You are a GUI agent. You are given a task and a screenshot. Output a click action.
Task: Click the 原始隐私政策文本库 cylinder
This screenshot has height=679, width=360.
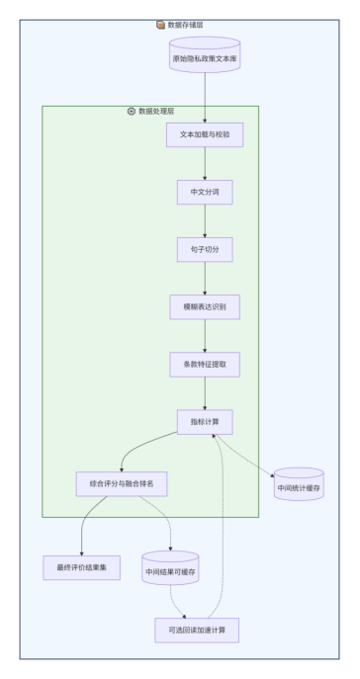205,54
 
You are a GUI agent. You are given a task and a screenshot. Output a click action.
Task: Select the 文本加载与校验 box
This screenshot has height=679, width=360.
205,134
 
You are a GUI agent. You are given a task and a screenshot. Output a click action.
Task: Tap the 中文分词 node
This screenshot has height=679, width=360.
205,192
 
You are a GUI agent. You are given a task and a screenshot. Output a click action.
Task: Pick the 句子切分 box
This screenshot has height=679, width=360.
205,249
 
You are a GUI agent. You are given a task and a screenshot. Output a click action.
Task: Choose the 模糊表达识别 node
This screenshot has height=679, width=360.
205,307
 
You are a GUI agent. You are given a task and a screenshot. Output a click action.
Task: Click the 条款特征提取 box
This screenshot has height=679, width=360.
205,364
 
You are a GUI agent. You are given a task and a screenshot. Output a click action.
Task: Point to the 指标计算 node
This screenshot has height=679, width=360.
205,422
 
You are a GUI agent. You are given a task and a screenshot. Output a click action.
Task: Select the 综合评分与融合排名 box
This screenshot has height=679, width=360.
122,483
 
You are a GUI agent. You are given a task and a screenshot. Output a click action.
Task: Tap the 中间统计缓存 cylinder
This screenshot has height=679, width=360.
299,484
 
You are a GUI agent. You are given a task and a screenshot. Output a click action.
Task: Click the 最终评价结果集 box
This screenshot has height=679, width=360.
81,567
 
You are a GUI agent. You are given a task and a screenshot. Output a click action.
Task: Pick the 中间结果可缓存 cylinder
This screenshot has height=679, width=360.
170,567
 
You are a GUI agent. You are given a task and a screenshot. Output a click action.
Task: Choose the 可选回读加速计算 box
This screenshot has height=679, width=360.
197,630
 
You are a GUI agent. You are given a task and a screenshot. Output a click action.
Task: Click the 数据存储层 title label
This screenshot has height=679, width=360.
185,25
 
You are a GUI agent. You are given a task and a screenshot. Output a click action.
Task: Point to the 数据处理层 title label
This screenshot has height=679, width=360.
156,112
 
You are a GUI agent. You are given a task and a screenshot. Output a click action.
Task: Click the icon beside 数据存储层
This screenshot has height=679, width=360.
161,25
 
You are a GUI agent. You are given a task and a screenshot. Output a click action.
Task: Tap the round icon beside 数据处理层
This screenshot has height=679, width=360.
132,112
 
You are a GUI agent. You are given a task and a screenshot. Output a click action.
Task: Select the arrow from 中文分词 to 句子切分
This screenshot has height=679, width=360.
205,220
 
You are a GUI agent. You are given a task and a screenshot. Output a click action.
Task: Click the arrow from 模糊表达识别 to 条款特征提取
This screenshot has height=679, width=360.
205,336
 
